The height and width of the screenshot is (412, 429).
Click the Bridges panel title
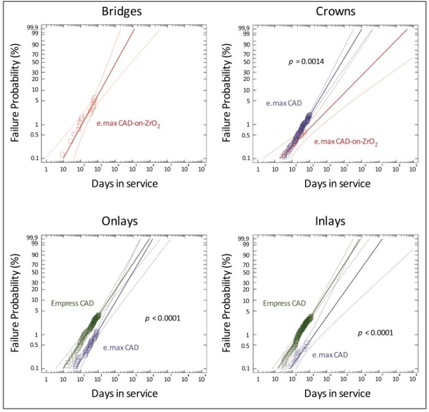[102, 12]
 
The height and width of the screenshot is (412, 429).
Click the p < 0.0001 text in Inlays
[376, 333]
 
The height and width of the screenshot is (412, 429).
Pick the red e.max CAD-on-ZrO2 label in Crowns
[346, 142]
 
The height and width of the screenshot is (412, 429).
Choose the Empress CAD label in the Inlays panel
[285, 303]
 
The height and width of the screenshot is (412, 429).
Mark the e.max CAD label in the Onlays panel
[122, 348]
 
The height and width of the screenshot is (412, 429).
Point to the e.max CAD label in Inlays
[332, 354]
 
